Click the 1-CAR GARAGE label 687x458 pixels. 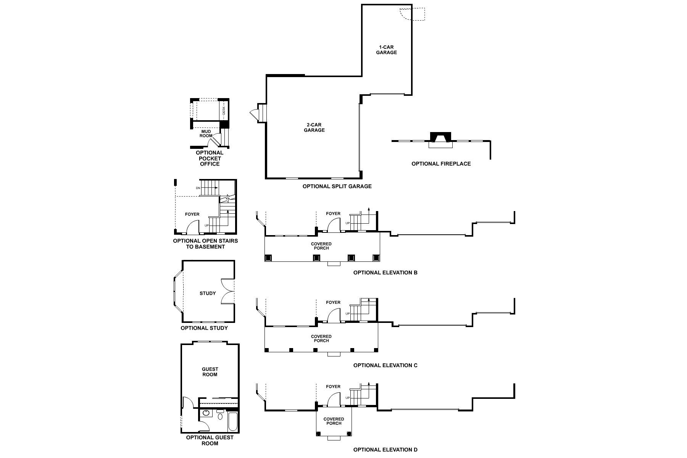(386, 50)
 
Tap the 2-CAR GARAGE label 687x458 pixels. (314, 127)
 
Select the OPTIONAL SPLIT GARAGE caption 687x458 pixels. (337, 186)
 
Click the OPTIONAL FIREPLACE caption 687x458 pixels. (441, 164)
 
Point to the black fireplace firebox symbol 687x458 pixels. (440, 137)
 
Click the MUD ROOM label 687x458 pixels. (206, 134)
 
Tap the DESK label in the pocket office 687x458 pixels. (224, 111)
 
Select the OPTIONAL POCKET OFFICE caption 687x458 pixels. (210, 158)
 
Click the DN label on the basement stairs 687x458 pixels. (198, 188)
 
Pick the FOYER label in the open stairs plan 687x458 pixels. (192, 214)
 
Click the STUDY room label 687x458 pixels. (208, 293)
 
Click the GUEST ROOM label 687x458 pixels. (210, 372)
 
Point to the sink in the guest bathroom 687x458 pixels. (206, 413)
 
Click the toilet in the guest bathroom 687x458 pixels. (220, 415)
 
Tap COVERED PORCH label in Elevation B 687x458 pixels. (321, 246)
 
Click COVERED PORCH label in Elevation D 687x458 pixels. (334, 421)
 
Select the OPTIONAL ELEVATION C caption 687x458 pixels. (385, 365)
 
